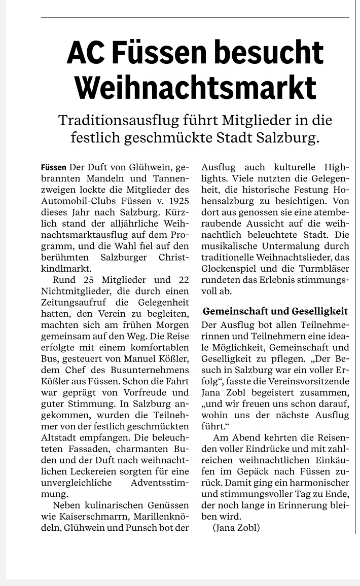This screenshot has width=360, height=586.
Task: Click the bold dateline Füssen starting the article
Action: [x=53, y=167]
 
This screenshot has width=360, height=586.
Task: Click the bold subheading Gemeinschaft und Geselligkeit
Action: [x=275, y=311]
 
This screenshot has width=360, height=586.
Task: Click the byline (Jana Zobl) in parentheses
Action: [x=236, y=528]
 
